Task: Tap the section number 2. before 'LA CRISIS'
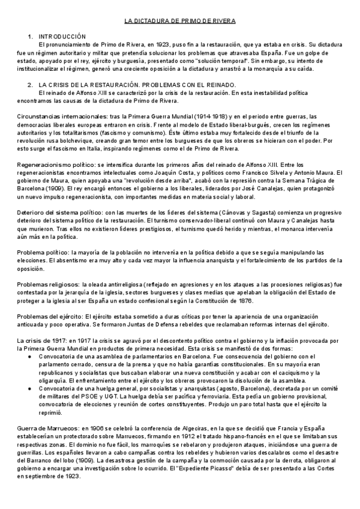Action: tap(31, 85)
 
